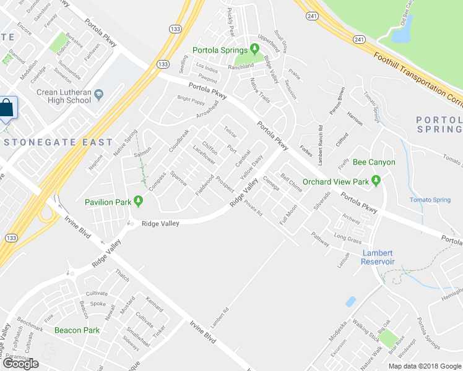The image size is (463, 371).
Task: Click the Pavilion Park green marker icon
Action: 138,202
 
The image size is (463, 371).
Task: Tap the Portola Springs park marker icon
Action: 254,50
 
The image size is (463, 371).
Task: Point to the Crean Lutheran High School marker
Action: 100,95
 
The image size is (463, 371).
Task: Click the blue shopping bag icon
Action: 7,108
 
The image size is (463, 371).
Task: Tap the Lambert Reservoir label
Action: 378,257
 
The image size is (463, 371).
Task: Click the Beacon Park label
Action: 77,330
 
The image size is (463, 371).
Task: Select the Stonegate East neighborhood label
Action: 59,142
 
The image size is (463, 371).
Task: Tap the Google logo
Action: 21,364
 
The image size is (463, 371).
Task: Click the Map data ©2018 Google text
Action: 425,366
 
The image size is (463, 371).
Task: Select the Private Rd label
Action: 254,210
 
